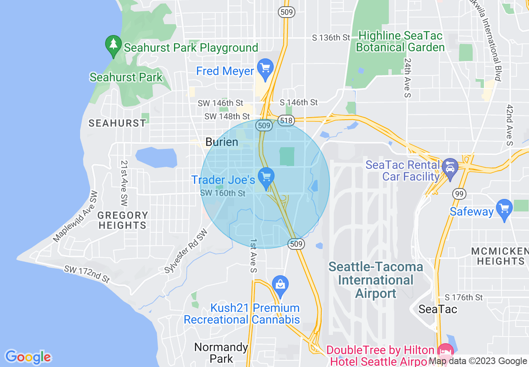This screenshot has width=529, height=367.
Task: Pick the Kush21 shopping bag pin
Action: [280, 285]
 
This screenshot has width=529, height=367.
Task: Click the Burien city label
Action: [222, 142]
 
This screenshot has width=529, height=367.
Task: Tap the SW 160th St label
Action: [223, 193]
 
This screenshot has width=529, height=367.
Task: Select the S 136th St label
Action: [331, 38]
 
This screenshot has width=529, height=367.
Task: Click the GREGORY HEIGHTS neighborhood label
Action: [123, 220]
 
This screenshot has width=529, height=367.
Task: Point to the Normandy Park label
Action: [221, 352]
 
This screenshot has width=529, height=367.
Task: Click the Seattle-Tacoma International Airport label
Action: [376, 280]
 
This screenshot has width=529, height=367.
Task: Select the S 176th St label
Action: [464, 297]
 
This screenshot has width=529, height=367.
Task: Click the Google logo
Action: [28, 357]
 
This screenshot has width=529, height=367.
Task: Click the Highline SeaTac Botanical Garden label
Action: [400, 42]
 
